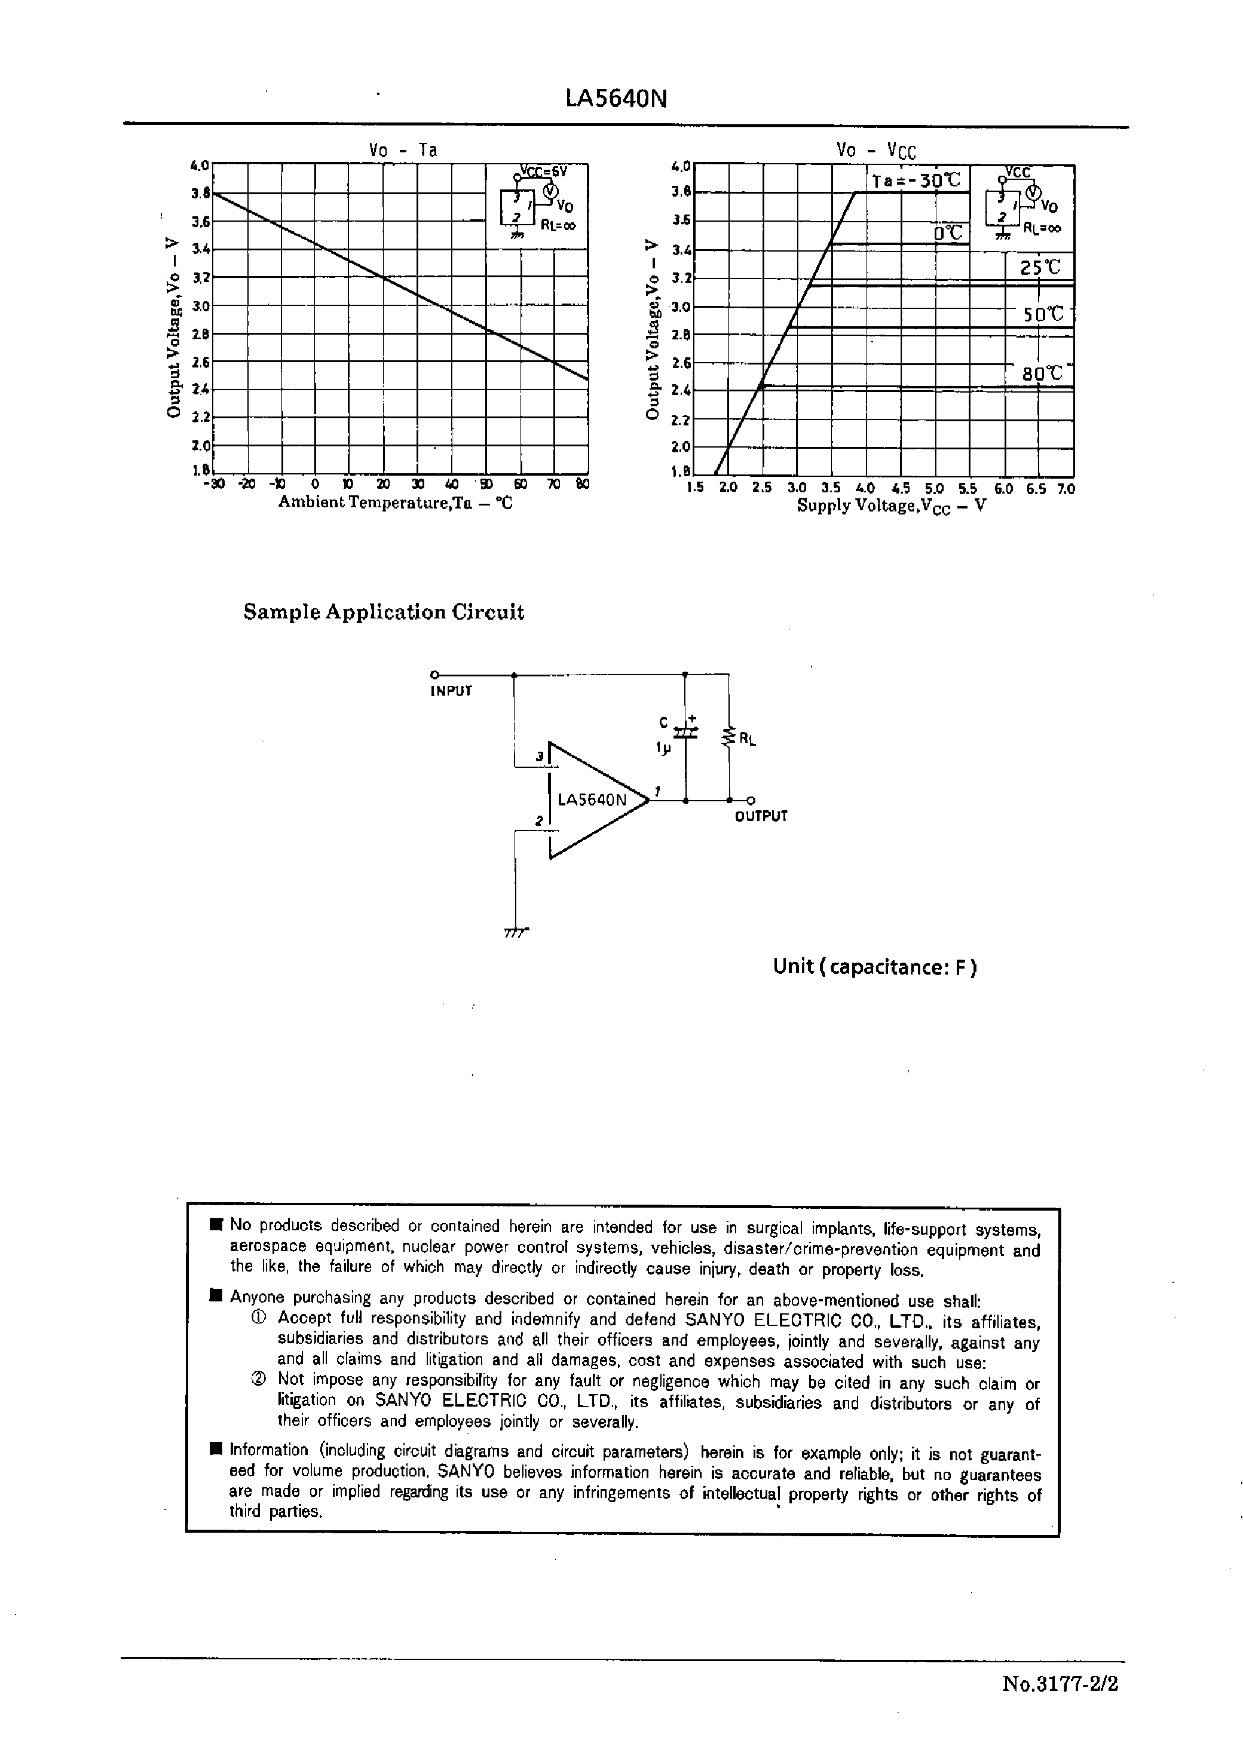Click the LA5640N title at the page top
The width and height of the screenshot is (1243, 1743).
tap(616, 99)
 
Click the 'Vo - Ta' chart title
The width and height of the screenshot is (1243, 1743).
tap(403, 150)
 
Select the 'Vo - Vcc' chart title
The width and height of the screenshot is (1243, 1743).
tap(875, 150)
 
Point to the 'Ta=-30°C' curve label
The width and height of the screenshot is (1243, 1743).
tap(916, 180)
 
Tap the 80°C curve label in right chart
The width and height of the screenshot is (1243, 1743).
tap(1042, 373)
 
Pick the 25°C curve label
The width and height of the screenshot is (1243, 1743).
tap(1040, 268)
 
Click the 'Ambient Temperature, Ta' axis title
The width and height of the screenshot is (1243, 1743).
tap(395, 503)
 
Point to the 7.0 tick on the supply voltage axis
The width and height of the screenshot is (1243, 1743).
tap(1066, 488)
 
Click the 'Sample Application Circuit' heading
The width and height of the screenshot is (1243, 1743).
tap(384, 612)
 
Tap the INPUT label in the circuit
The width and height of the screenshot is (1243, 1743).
tap(451, 691)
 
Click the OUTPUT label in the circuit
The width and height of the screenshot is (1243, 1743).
tap(761, 816)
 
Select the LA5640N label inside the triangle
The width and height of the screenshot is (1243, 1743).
tap(592, 800)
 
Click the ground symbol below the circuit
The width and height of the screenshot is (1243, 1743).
tap(517, 933)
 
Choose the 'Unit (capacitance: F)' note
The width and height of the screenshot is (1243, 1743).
tap(875, 967)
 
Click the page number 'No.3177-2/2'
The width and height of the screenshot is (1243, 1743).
tap(1060, 1684)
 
